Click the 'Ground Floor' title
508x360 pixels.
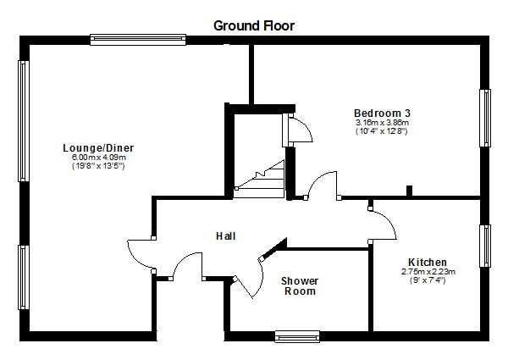click(254, 25)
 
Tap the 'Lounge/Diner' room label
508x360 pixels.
click(98, 148)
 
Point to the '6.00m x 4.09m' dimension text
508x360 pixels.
click(98, 158)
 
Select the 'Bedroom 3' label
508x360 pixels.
click(382, 113)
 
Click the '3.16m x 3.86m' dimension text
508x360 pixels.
click(382, 122)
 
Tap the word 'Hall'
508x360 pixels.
click(225, 235)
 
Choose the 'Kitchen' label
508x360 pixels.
click(428, 262)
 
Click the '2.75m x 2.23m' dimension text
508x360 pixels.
click(428, 271)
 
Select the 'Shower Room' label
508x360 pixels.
click(299, 285)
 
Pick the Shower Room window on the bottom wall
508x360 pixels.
click(297, 335)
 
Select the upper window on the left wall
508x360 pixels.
click(24, 120)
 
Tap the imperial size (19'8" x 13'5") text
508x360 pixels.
click(98, 167)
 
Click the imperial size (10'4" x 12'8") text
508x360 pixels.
click(382, 131)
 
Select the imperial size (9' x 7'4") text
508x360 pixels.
click(428, 280)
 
